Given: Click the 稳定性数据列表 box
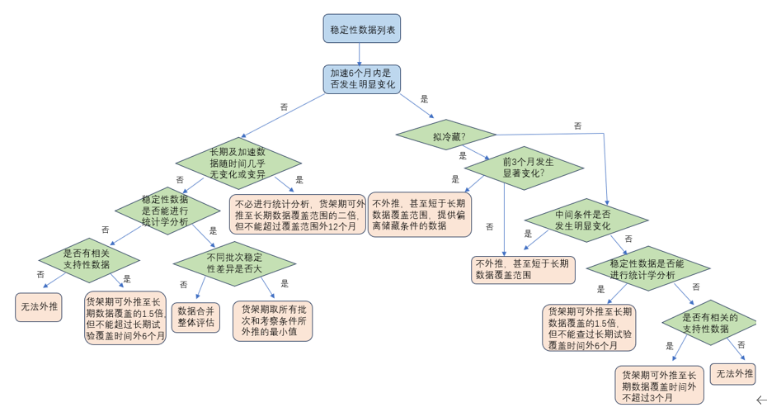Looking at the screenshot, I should [x=361, y=29].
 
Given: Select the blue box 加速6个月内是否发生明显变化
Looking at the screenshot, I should [x=361, y=79].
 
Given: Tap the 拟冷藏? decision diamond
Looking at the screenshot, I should [x=446, y=135].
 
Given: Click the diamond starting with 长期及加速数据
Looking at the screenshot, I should [x=238, y=163].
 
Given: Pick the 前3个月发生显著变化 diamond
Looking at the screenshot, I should [x=523, y=168].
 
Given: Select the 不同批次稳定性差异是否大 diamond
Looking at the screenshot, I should [x=234, y=263].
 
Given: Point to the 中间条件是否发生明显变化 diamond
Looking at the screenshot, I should [x=582, y=220].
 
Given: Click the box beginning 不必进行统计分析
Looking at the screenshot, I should [x=298, y=215].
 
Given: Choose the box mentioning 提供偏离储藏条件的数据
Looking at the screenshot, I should [x=419, y=214].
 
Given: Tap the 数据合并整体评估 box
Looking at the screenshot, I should [x=195, y=317].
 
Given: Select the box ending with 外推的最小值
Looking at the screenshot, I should [x=272, y=320].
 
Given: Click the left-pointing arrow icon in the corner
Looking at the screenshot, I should [x=760, y=400].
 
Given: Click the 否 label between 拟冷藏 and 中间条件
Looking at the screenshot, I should [x=577, y=126].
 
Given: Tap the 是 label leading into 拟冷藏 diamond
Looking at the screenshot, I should [x=424, y=99].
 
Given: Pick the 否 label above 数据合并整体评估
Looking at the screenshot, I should [x=183, y=284].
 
